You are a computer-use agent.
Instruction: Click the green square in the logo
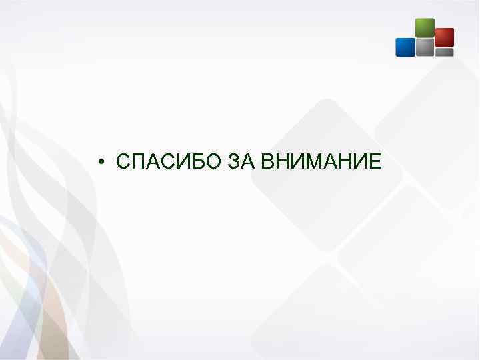[x=425, y=27]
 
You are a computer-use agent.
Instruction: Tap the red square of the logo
[x=444, y=37]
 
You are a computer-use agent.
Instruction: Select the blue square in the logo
[x=405, y=47]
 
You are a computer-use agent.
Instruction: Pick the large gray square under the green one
[x=425, y=47]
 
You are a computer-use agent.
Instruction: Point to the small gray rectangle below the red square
[x=444, y=52]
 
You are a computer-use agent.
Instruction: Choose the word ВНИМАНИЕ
[x=321, y=161]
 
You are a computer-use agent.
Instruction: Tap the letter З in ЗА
[x=233, y=161]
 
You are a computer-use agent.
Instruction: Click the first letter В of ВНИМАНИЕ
[x=267, y=161]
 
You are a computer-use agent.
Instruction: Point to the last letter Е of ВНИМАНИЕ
[x=375, y=161]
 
